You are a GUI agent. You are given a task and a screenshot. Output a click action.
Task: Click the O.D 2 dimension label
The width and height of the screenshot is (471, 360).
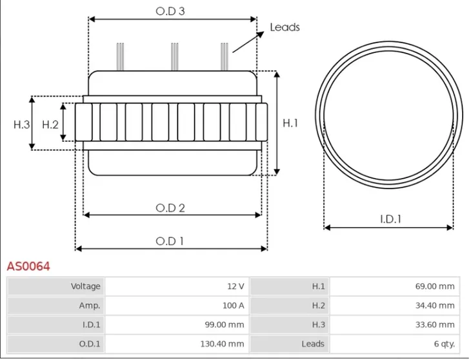click(171, 208)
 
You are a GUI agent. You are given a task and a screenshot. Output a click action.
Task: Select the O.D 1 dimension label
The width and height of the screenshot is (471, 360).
click(170, 241)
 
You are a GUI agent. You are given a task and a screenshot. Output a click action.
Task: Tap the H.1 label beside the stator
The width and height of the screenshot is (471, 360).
click(290, 123)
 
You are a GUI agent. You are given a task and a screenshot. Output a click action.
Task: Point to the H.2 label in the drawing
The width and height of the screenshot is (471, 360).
click(50, 125)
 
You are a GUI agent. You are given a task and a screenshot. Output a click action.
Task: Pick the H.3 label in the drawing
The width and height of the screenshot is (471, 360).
click(22, 125)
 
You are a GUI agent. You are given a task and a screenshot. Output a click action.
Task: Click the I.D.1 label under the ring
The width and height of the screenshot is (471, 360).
click(390, 219)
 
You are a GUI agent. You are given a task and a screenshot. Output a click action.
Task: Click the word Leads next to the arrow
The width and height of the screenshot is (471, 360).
click(285, 27)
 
